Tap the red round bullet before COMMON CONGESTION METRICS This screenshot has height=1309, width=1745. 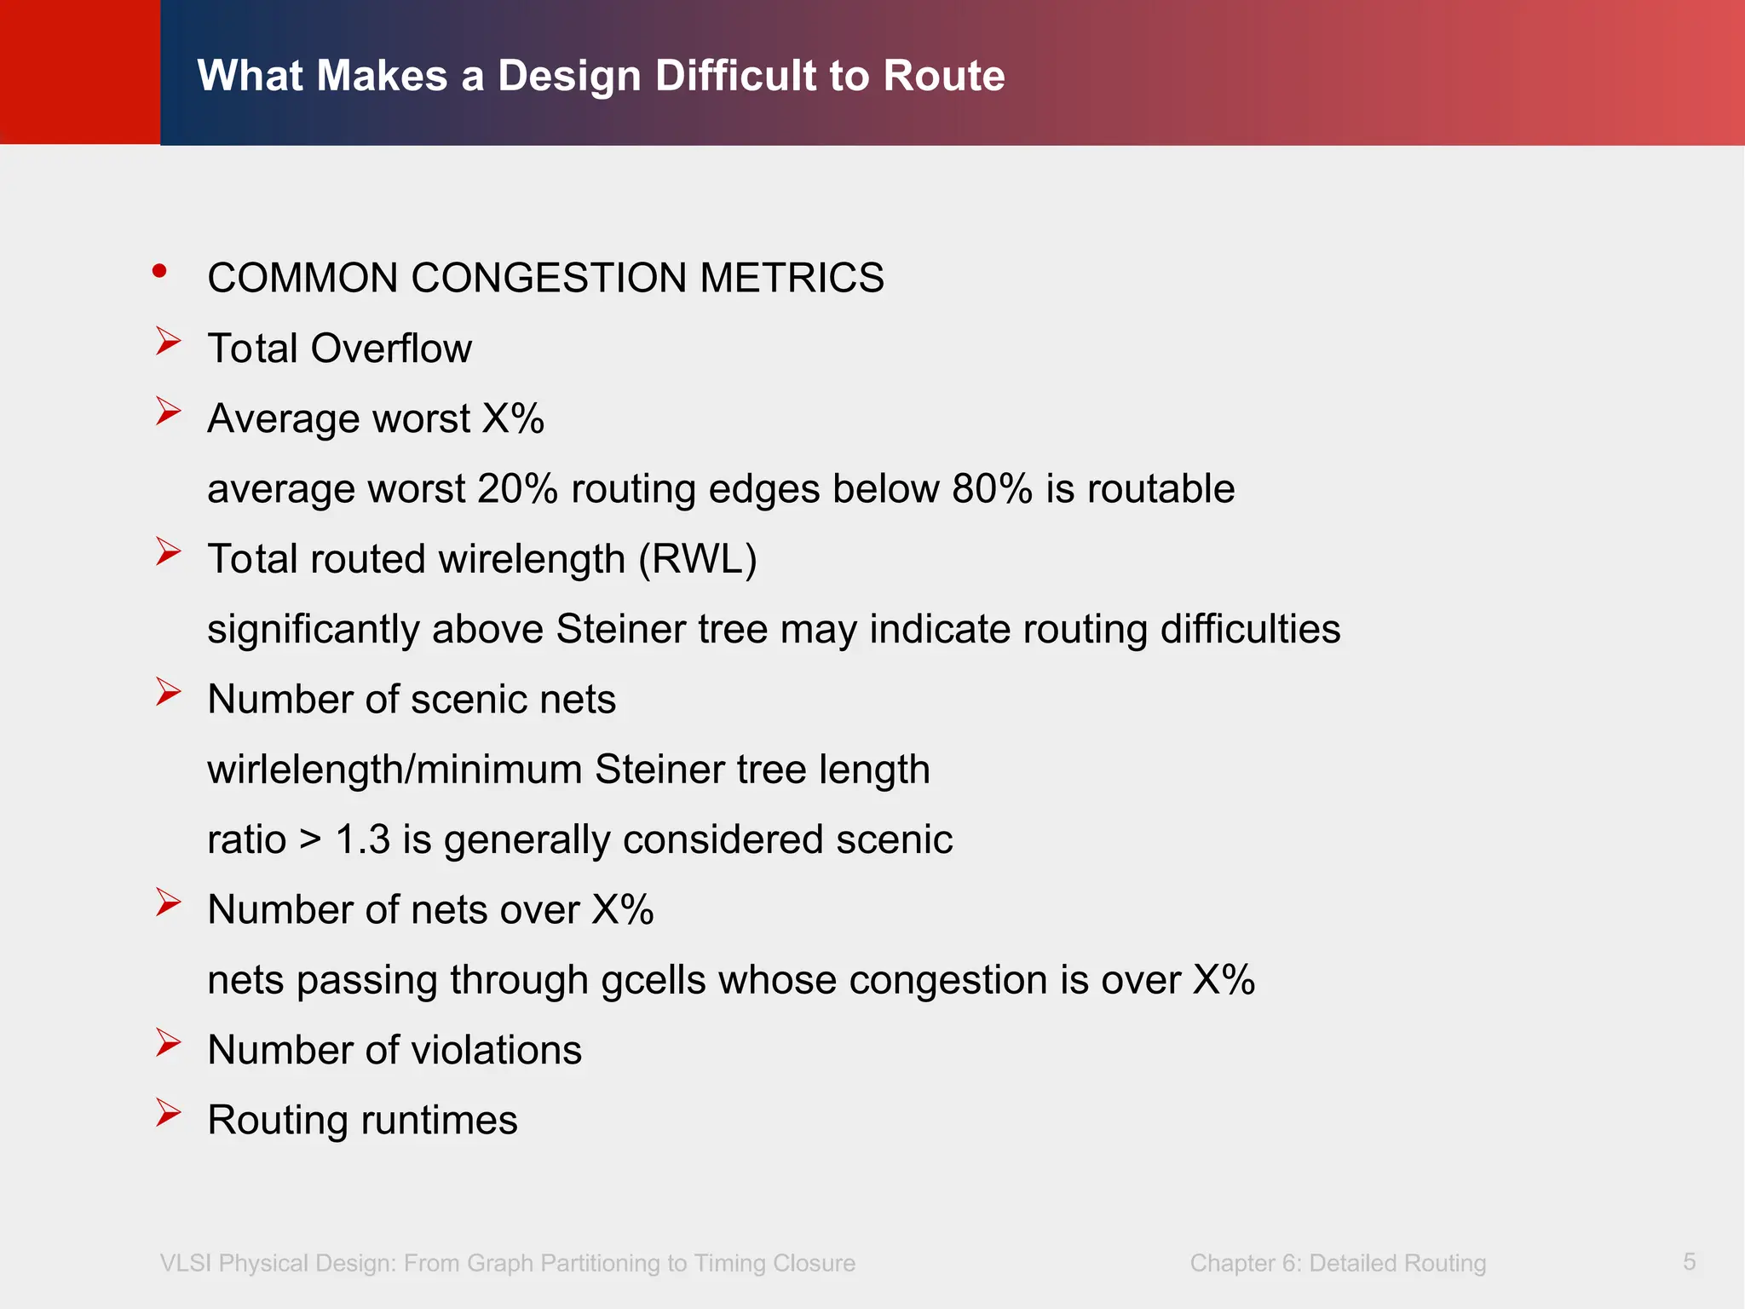tap(159, 271)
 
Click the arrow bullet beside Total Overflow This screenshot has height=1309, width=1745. tap(168, 342)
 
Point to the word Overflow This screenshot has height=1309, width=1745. tap(390, 349)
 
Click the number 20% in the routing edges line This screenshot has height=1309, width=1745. tap(517, 489)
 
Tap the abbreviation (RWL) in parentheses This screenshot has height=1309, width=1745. tap(698, 559)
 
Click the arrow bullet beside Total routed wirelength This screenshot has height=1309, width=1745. tap(168, 552)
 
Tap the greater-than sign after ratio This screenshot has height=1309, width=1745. tap(310, 839)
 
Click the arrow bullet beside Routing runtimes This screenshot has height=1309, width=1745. tap(168, 1113)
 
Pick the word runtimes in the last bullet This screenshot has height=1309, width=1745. tap(439, 1120)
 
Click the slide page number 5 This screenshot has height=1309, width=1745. tap(1689, 1261)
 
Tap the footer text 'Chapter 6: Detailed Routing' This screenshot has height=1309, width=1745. tap(1338, 1263)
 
